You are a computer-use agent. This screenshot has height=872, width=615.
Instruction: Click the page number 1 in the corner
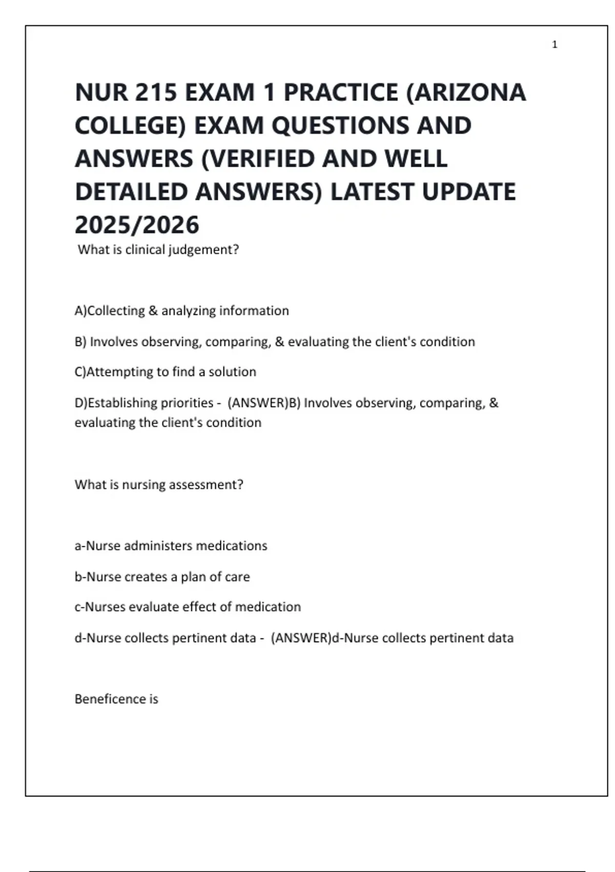click(x=555, y=45)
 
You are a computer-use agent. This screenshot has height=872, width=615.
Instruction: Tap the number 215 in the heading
click(x=155, y=93)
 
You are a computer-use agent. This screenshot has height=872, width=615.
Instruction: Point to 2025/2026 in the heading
click(x=137, y=225)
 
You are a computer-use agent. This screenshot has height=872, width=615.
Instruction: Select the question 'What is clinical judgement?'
click(x=158, y=250)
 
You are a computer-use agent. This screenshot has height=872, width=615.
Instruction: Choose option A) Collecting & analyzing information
click(x=181, y=311)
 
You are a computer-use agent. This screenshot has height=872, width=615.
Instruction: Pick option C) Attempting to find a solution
click(x=165, y=372)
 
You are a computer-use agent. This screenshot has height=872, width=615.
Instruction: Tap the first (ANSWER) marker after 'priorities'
click(x=258, y=403)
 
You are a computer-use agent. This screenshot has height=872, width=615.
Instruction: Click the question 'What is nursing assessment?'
click(x=159, y=485)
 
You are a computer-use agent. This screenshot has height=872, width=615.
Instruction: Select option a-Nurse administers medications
click(x=171, y=546)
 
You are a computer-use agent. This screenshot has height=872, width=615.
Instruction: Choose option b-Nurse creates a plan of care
click(x=162, y=577)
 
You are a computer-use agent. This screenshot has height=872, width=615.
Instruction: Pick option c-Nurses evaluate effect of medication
click(x=188, y=607)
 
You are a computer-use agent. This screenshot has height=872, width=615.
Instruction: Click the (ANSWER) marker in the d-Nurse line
click(x=301, y=638)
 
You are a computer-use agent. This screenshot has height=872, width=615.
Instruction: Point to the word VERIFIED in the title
click(x=259, y=159)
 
